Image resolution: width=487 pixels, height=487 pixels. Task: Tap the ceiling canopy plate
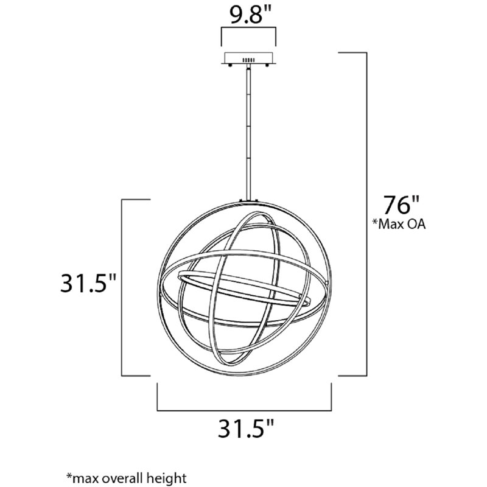[x=247, y=59]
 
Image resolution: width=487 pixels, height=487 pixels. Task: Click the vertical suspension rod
[x=248, y=134]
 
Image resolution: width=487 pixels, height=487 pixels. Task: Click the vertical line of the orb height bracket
[x=124, y=286]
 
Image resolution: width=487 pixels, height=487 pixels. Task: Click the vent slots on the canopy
[x=248, y=60]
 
